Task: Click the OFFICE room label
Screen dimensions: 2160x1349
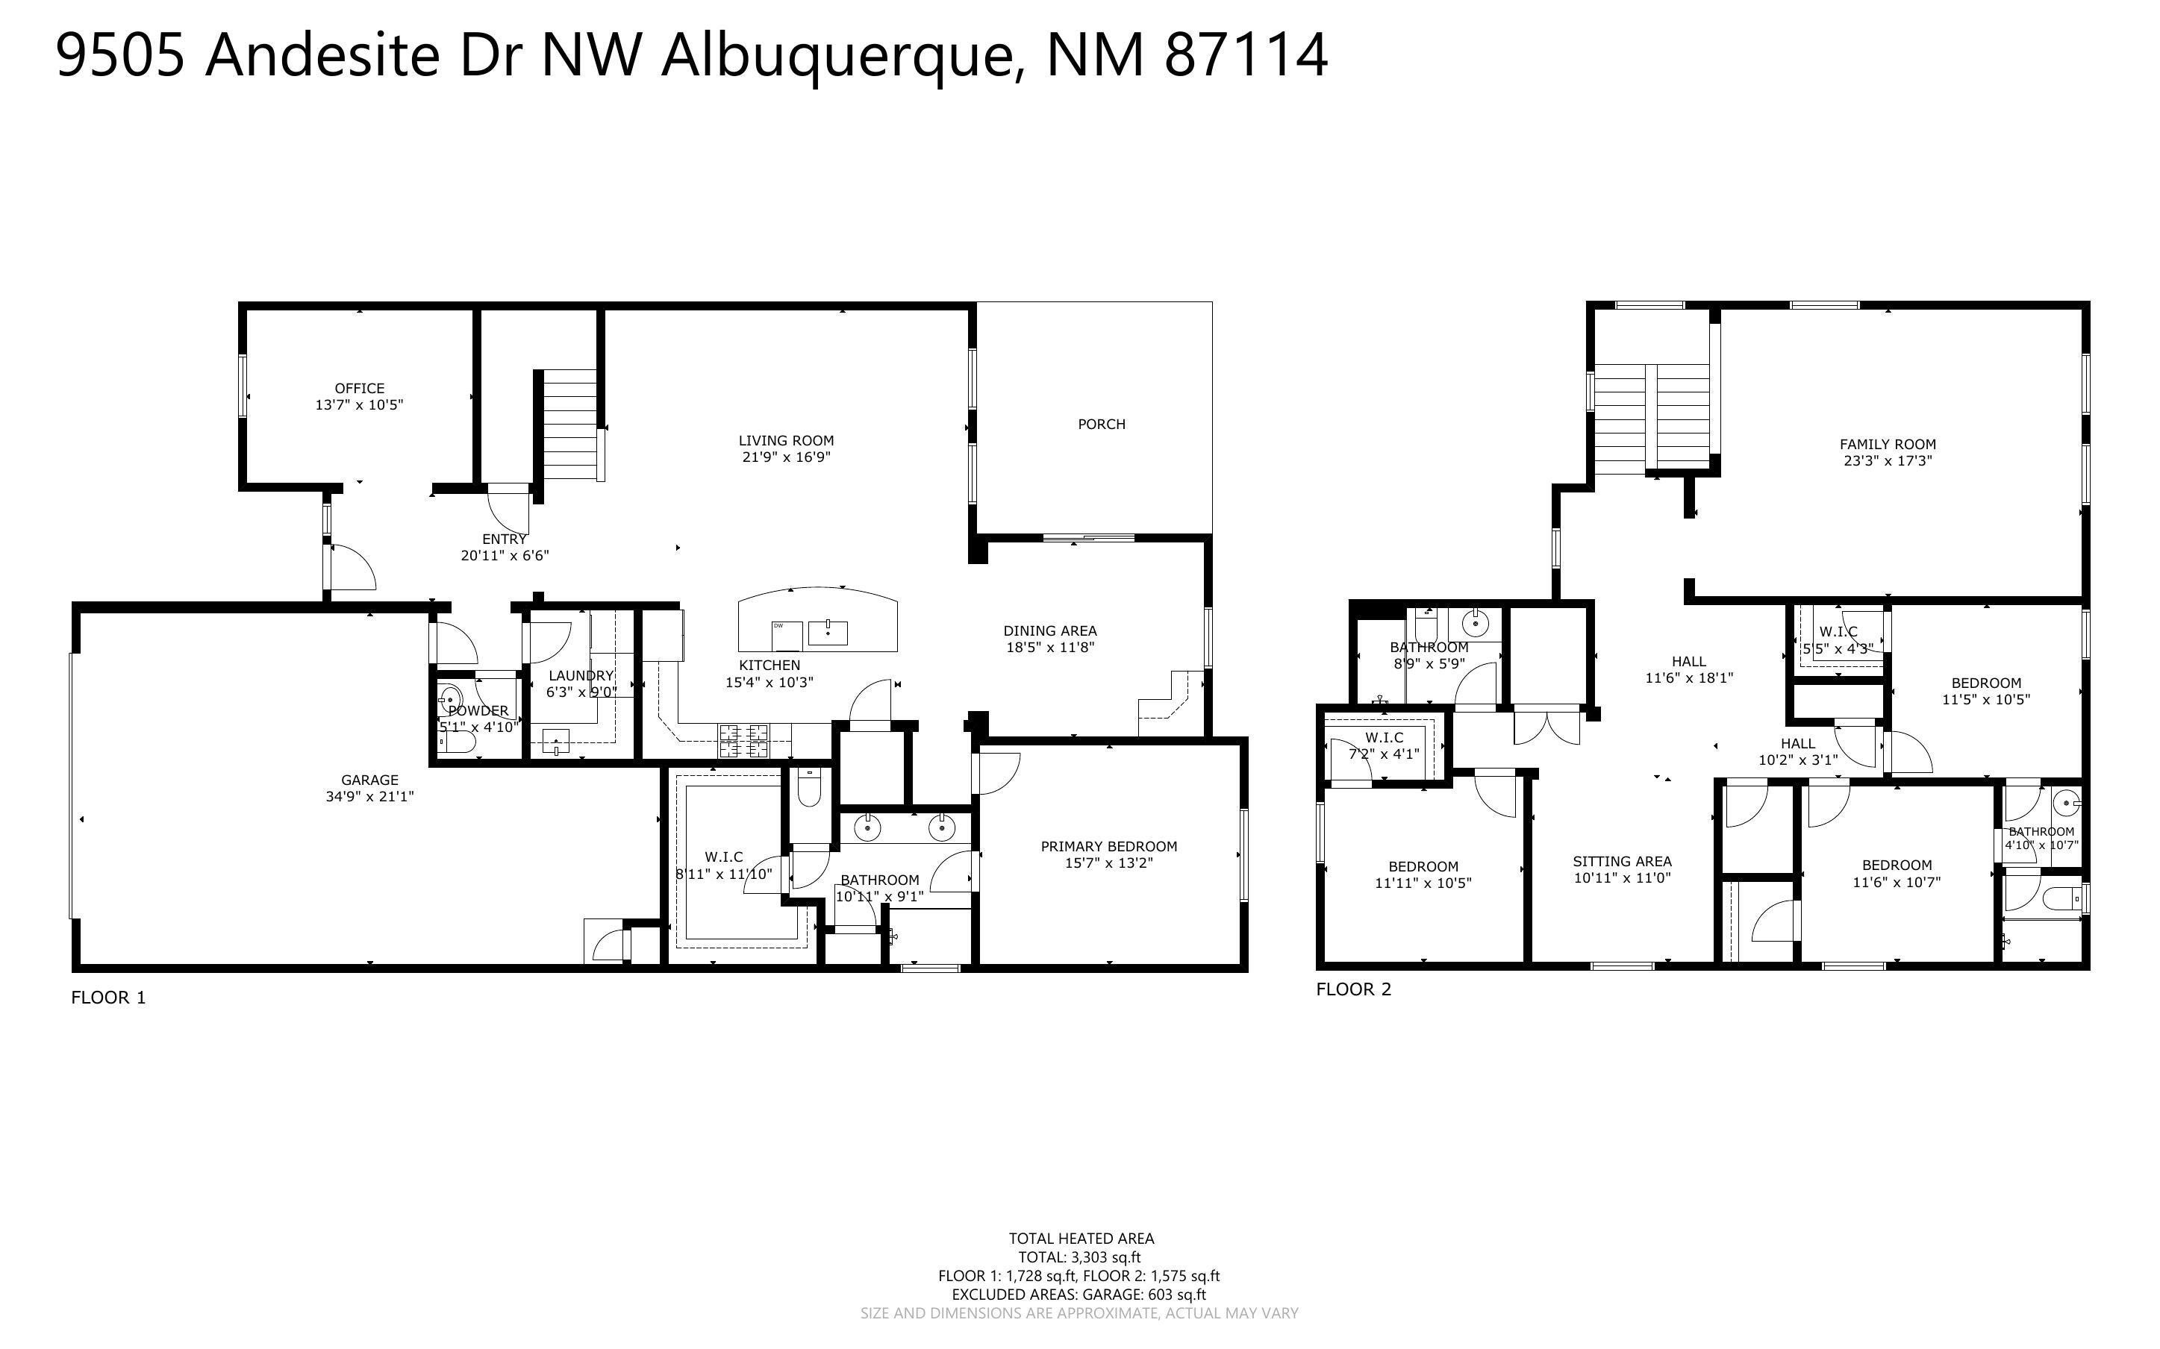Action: (360, 388)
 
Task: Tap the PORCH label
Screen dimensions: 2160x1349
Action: (1102, 424)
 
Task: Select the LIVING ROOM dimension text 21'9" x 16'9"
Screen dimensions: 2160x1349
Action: (786, 457)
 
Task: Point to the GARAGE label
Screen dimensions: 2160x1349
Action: (369, 780)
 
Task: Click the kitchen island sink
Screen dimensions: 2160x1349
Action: (828, 633)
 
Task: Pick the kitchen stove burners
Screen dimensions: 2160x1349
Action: (744, 739)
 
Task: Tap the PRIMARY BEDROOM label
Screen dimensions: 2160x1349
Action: (1109, 846)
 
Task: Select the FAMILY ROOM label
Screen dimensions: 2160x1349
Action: (1888, 444)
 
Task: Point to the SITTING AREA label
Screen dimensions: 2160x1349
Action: (1622, 861)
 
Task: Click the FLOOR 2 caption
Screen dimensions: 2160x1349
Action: (1353, 989)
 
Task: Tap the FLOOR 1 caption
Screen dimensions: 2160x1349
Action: (108, 998)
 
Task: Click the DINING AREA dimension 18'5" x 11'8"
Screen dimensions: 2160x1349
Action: (1050, 648)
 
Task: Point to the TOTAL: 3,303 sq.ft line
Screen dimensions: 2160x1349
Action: (1081, 1258)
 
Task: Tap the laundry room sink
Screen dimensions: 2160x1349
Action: (556, 740)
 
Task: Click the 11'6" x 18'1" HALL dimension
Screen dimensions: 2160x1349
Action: (1689, 677)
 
